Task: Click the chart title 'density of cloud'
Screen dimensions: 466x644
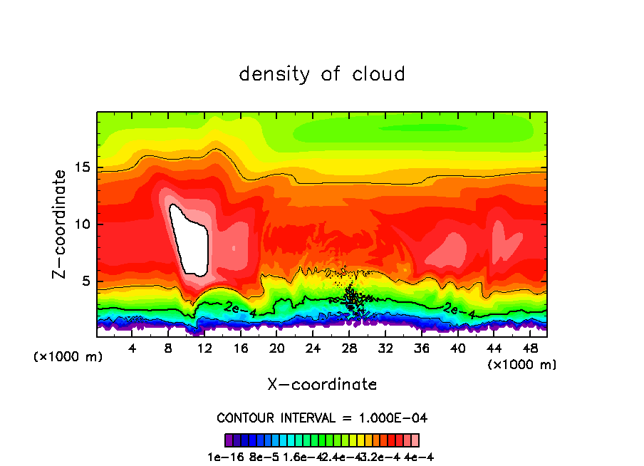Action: click(322, 74)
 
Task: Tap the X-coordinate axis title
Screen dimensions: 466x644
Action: click(322, 385)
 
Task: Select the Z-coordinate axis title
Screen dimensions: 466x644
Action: click(62, 224)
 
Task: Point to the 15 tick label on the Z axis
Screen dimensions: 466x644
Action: click(83, 167)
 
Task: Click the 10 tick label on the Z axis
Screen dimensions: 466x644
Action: click(83, 224)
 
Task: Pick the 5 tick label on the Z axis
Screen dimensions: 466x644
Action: click(87, 281)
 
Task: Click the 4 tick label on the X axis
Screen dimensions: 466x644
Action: click(133, 349)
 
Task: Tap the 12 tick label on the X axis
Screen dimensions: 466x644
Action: click(204, 349)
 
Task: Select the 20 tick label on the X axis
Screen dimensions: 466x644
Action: click(277, 349)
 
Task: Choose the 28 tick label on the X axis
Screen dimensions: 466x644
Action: click(349, 349)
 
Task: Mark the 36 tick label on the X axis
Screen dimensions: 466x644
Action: click(422, 349)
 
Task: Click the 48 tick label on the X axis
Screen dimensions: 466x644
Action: click(530, 349)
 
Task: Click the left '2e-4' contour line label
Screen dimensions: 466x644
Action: click(237, 308)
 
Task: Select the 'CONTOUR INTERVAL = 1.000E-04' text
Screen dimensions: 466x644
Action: click(322, 418)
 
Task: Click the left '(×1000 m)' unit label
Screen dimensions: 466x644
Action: click(68, 357)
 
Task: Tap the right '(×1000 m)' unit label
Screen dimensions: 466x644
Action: click(521, 365)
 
